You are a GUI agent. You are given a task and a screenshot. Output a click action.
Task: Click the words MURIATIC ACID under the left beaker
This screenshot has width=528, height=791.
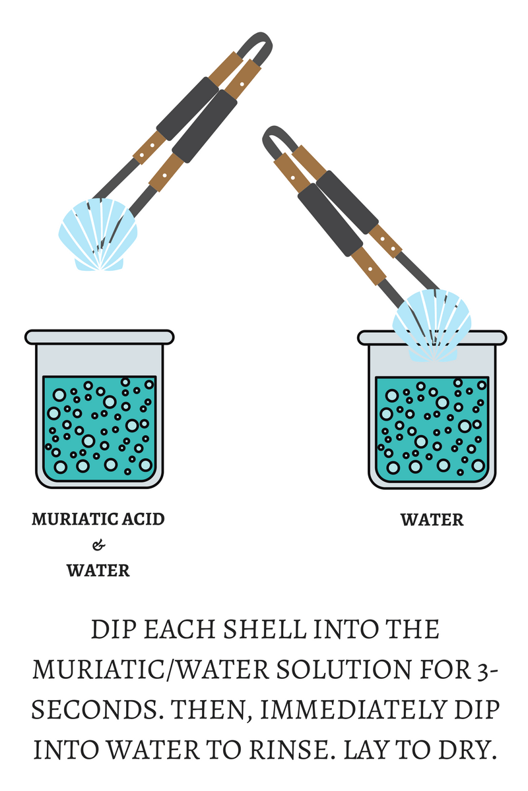98,519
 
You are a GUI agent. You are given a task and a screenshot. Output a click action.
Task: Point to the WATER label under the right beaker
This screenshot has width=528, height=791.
432,520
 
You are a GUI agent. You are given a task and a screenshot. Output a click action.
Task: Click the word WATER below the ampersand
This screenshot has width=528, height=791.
98,570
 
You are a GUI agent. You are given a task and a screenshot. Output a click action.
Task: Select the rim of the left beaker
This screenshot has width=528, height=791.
99,337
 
